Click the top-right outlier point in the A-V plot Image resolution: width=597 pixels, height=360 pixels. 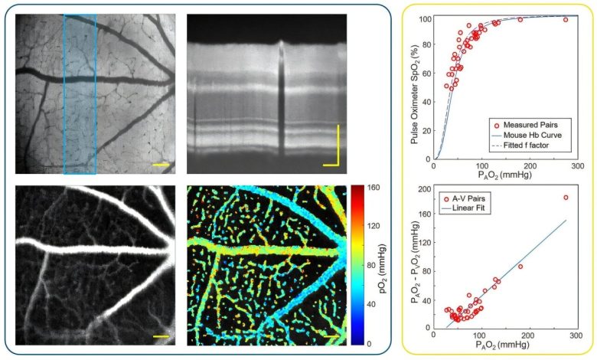pyautogui.click(x=566, y=198)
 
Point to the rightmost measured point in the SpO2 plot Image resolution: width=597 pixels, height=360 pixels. pyautogui.click(x=566, y=19)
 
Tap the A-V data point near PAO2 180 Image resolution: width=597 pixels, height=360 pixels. pyautogui.click(x=520, y=266)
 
